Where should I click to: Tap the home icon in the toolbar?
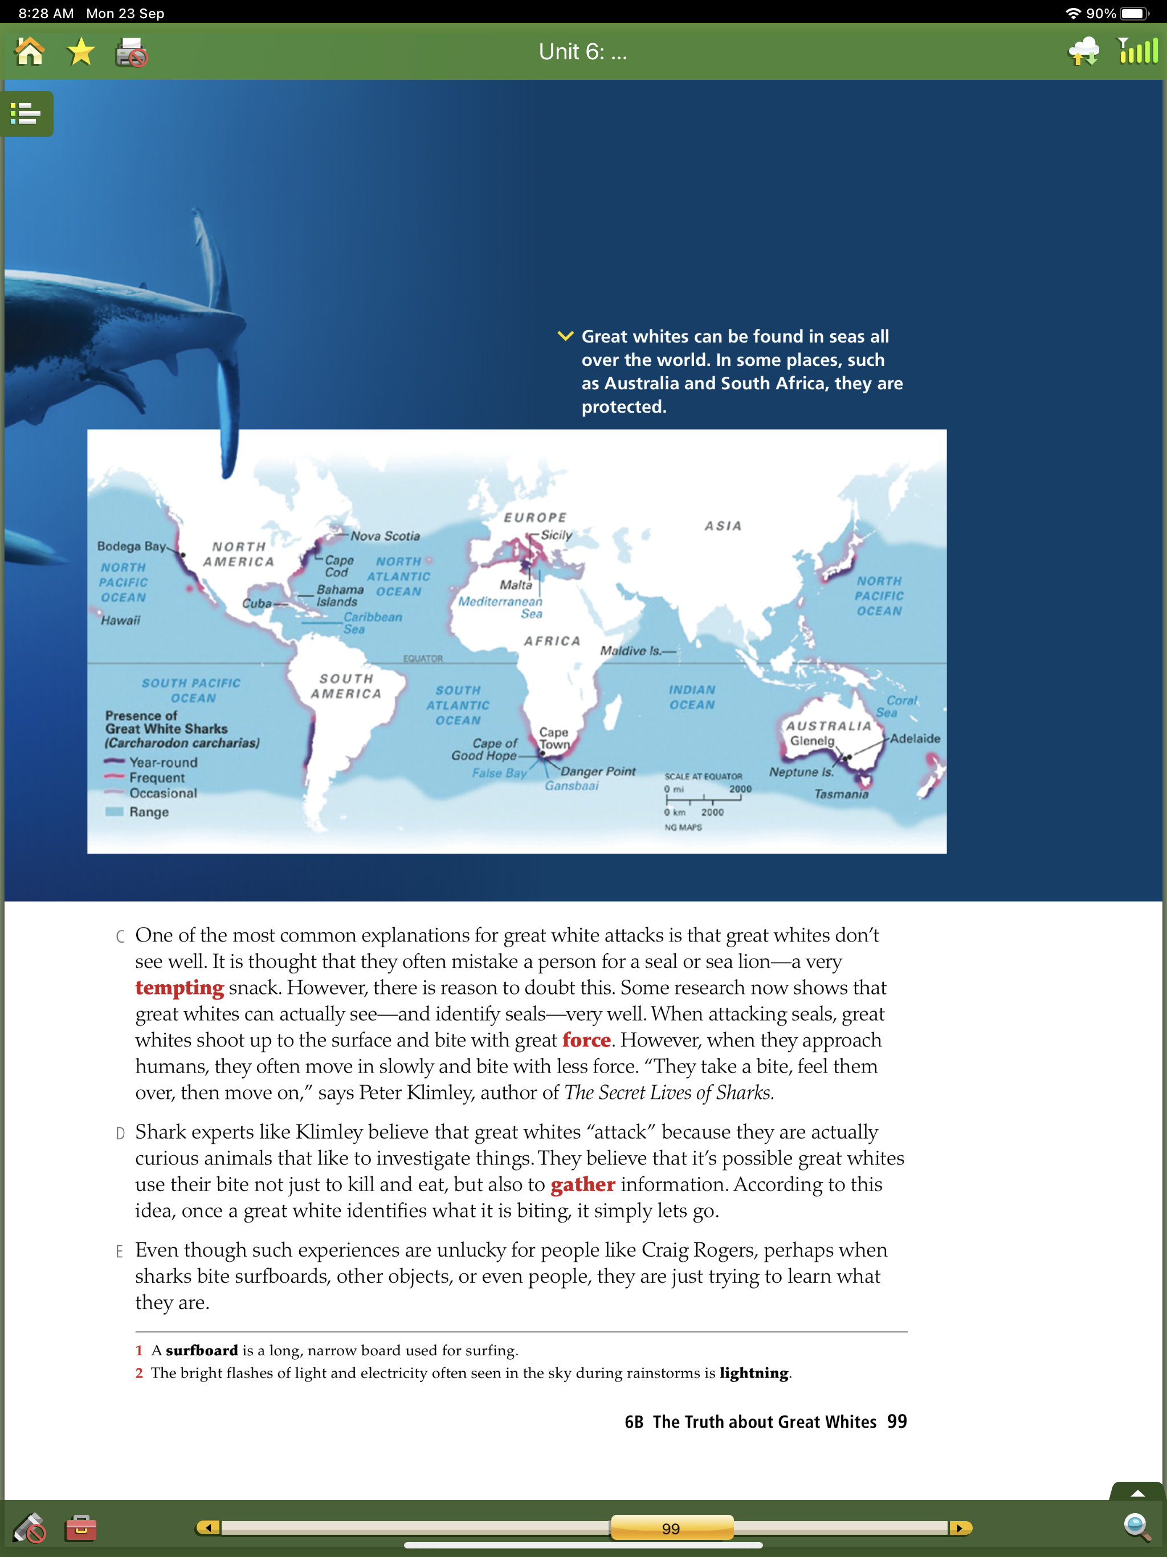tap(30, 52)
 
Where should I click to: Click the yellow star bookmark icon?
tap(81, 52)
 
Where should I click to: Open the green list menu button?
tap(26, 113)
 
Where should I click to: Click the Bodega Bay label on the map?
tap(131, 546)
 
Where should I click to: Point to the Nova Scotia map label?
tap(385, 536)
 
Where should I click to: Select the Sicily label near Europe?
tap(556, 535)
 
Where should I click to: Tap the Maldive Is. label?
tap(631, 651)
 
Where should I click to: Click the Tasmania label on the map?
tap(841, 794)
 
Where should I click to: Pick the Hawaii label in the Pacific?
tap(120, 620)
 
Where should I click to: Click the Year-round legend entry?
tap(162, 763)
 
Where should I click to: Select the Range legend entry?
tap(149, 812)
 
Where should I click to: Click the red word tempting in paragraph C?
tap(179, 988)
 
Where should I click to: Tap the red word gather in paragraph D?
tap(582, 1185)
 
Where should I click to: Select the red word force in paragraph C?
tap(586, 1040)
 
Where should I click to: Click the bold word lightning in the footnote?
tap(753, 1373)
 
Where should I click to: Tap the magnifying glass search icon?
tap(1136, 1527)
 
